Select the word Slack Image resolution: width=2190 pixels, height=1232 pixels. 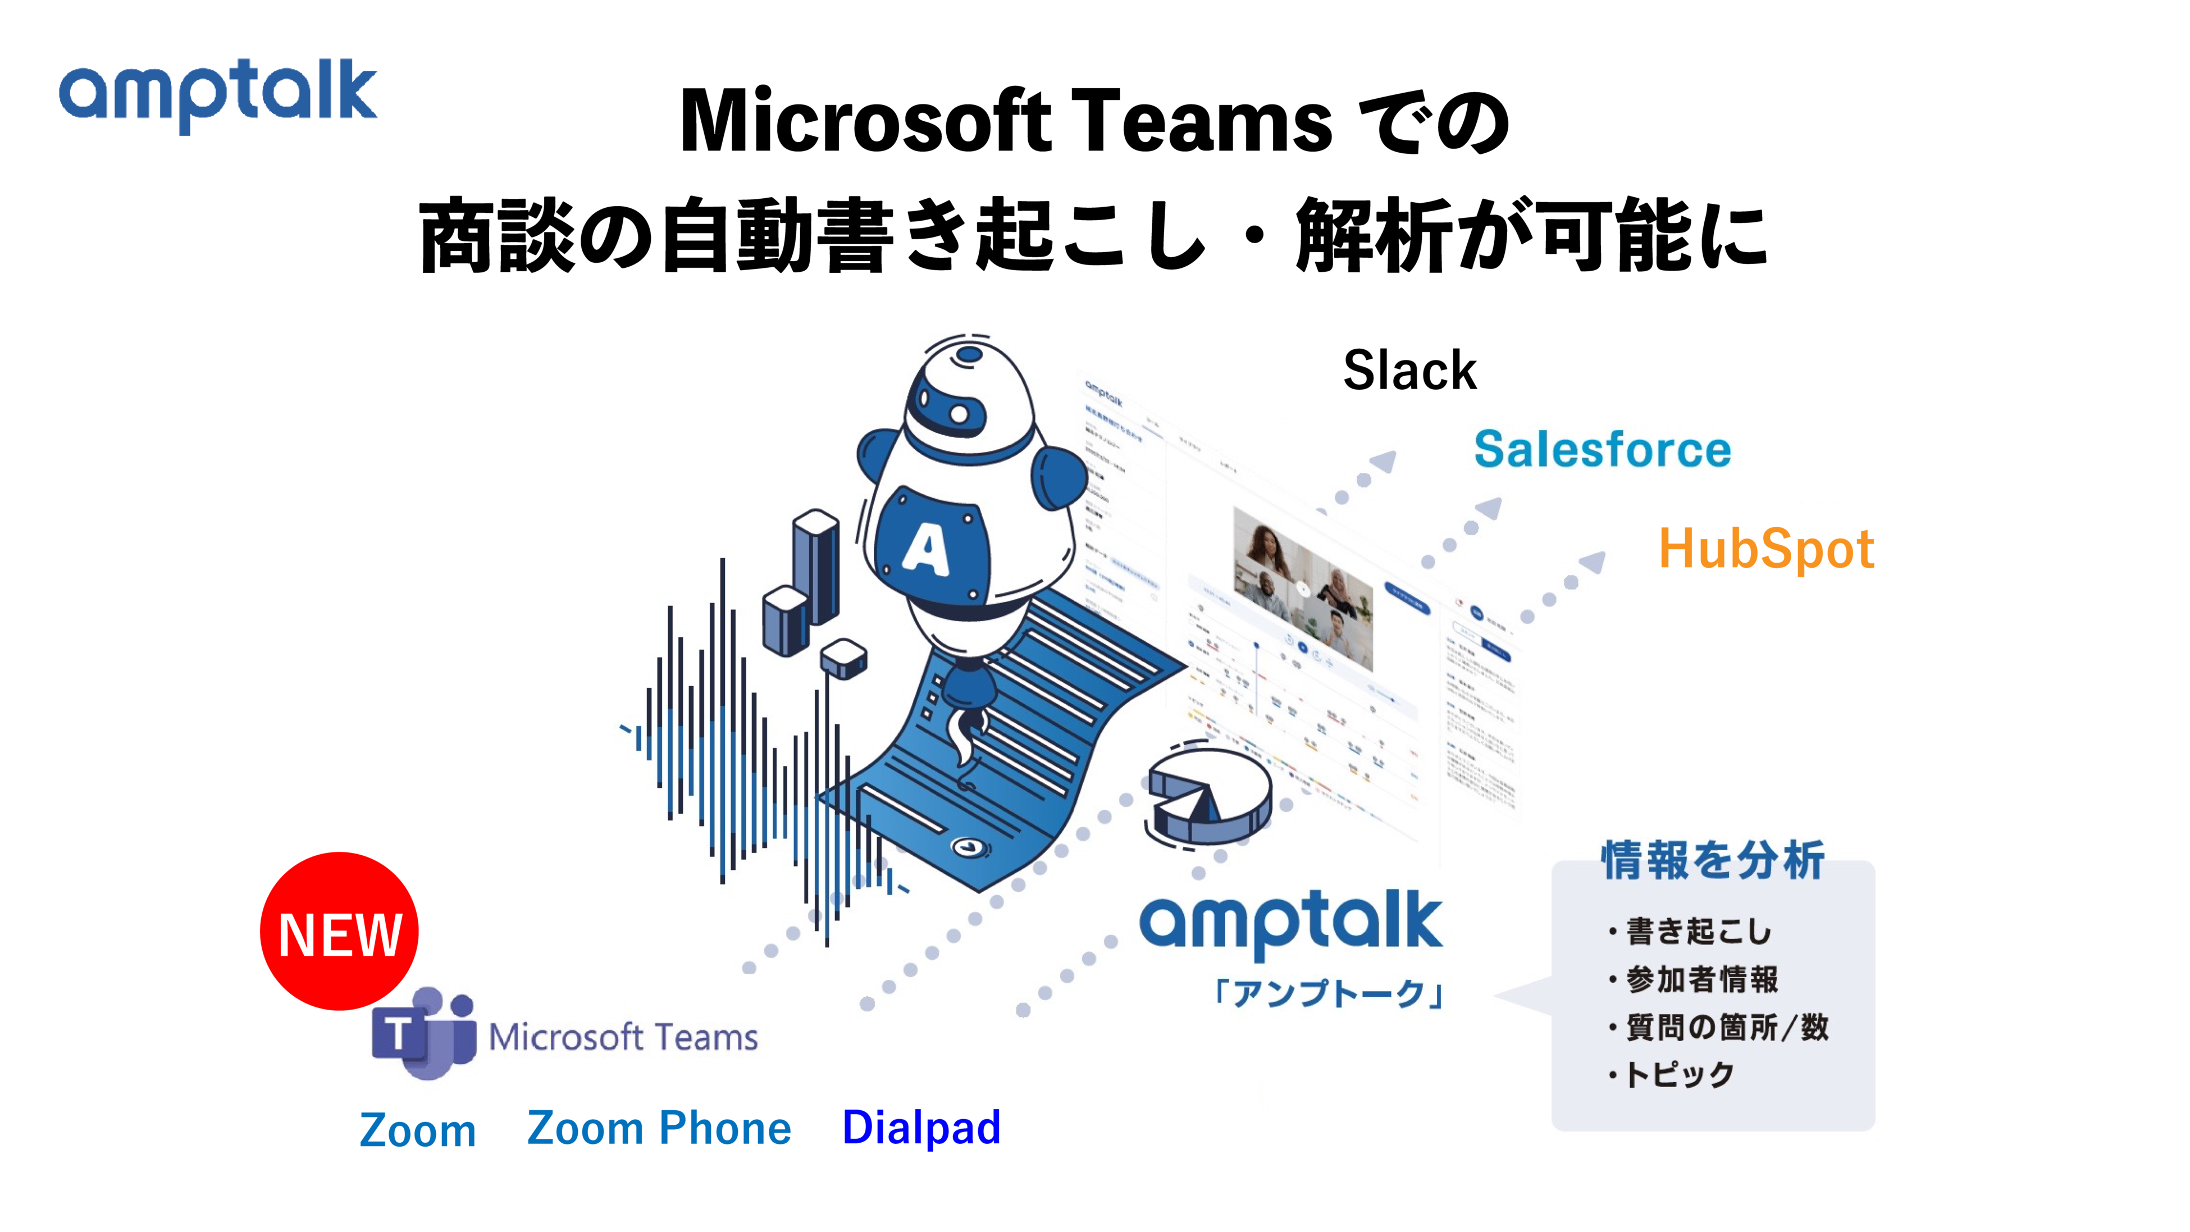point(1409,371)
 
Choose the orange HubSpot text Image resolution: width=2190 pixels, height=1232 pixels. point(1766,549)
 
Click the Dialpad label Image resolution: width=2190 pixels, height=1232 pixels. point(921,1128)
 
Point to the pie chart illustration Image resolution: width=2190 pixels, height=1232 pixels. point(1207,795)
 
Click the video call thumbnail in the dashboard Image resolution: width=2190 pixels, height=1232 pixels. point(1302,588)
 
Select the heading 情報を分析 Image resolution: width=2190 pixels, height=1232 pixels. point(1712,860)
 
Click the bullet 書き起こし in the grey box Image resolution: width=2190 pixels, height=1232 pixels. point(1698,932)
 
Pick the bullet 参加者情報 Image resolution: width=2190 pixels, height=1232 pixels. point(1701,979)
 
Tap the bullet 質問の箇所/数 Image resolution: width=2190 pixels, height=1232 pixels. point(1726,1027)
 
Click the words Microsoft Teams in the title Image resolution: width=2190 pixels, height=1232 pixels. point(1006,122)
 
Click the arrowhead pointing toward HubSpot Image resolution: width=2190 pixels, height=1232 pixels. point(1591,562)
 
